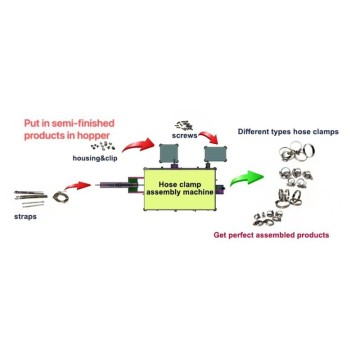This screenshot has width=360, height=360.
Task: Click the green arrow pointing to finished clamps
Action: pos(247,177)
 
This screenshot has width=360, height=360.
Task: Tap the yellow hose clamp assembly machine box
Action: pos(180,189)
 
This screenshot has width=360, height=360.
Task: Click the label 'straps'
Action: pos(25,217)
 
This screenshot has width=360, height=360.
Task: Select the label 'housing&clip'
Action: pos(95,159)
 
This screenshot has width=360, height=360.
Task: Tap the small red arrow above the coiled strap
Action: pos(77,186)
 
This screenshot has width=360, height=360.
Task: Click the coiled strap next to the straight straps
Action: pos(60,197)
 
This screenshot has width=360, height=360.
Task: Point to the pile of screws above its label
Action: pos(184,126)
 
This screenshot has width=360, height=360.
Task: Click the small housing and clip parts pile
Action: pos(102,146)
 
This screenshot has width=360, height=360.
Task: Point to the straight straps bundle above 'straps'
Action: pos(30,198)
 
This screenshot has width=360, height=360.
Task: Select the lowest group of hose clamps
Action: pos(268,217)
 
